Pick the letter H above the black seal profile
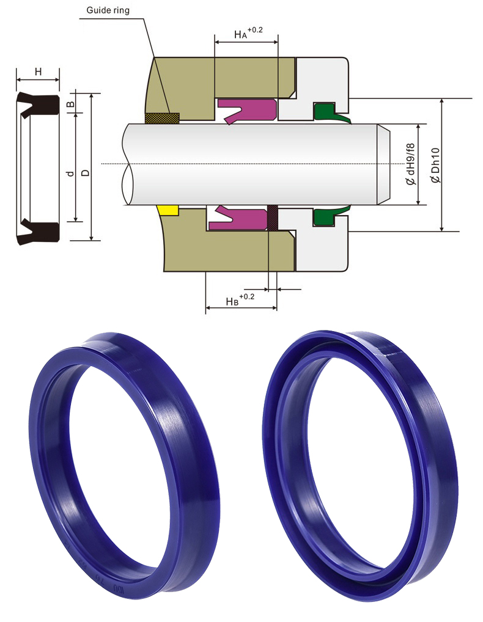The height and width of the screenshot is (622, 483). pyautogui.click(x=38, y=71)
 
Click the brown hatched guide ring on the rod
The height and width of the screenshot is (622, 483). pyautogui.click(x=162, y=117)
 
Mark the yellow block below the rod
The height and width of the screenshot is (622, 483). pyautogui.click(x=167, y=210)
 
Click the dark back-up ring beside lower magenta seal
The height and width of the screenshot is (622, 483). pyautogui.click(x=273, y=218)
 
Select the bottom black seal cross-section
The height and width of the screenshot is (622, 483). pyautogui.click(x=38, y=231)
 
